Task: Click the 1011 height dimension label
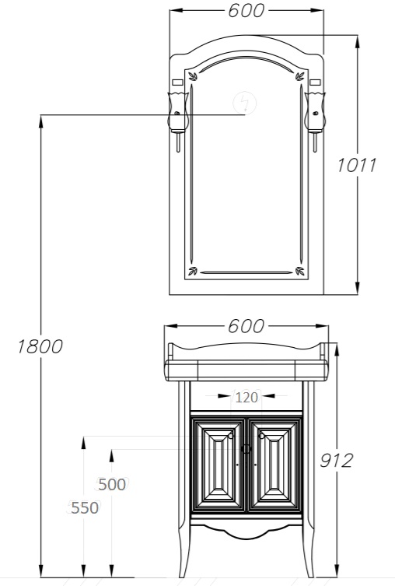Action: [x=357, y=165]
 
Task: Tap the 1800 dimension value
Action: [x=40, y=347]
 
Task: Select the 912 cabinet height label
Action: [x=336, y=461]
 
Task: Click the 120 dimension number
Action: [x=246, y=397]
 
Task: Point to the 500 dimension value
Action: [x=112, y=485]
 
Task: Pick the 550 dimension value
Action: [x=85, y=508]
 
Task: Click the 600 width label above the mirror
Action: [x=246, y=10]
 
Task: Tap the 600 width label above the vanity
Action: [x=246, y=326]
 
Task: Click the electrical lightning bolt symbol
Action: [x=244, y=103]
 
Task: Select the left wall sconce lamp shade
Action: [x=178, y=111]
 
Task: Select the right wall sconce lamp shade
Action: [x=315, y=111]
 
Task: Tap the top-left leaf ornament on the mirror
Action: [x=193, y=76]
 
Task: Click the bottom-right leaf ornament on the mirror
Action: [x=300, y=271]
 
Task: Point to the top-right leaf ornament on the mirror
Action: [x=300, y=76]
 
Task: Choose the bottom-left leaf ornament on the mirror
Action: [x=193, y=271]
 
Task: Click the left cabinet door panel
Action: [x=218, y=465]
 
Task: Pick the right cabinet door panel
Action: [x=274, y=465]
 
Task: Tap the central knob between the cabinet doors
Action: [x=246, y=449]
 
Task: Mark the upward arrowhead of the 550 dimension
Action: [x=83, y=443]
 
